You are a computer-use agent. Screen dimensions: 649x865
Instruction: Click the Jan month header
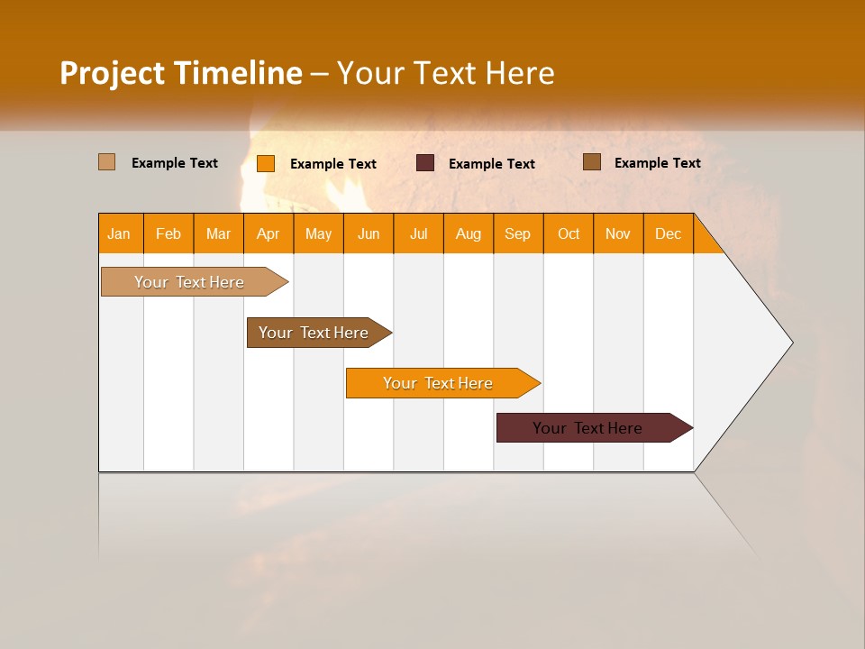point(120,233)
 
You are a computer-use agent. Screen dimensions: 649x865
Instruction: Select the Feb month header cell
point(168,233)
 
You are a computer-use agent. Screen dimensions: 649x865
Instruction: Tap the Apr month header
point(269,233)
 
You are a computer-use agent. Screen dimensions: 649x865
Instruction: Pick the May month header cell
point(318,233)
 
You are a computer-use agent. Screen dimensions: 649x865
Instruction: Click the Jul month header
point(418,233)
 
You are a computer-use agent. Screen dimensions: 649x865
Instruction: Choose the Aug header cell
point(469,233)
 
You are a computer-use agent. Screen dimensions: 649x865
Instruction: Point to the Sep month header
point(518,233)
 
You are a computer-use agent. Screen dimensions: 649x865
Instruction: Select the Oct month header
point(569,233)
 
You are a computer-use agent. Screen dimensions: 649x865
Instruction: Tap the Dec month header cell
point(668,233)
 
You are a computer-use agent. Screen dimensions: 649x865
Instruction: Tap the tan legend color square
point(107,162)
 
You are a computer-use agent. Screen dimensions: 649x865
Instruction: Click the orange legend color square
point(266,163)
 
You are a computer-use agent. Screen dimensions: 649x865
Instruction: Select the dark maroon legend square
point(425,162)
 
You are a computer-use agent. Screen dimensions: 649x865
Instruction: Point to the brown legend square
point(592,161)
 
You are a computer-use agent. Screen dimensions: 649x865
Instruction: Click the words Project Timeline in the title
point(181,73)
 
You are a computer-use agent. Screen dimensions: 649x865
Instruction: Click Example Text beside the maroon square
point(491,164)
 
